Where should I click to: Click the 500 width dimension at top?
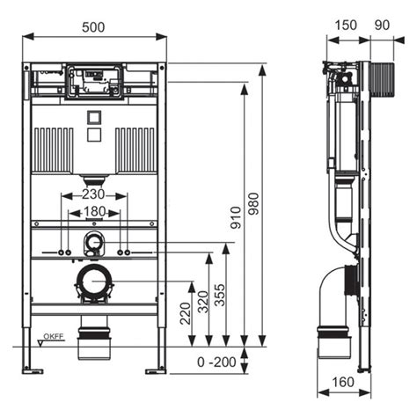[x=94, y=27]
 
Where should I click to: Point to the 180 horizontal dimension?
[x=94, y=212]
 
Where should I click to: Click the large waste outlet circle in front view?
[x=94, y=283]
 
